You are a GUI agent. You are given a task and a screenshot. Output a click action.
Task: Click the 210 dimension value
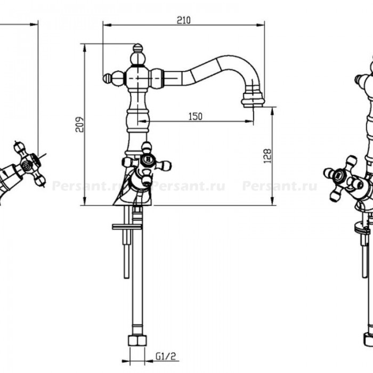[x=183, y=20]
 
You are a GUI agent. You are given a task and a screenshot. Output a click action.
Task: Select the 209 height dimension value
[x=80, y=124]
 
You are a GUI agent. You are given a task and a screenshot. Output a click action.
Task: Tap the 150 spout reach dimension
[x=196, y=117]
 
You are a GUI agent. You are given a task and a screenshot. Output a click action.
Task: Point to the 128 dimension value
[x=267, y=156]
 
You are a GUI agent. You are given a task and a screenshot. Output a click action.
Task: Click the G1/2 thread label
[x=166, y=356]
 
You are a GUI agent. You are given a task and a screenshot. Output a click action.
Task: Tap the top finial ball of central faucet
[x=137, y=48]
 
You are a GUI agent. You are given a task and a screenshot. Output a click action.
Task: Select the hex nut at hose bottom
[x=137, y=340]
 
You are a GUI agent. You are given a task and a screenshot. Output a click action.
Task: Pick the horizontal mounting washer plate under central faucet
[x=127, y=226]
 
